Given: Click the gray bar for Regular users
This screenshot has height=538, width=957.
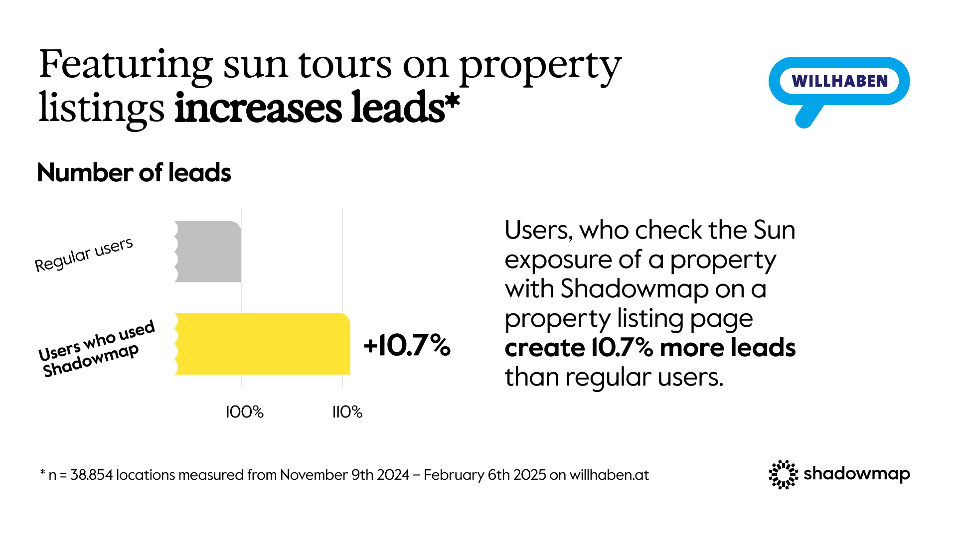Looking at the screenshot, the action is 208,252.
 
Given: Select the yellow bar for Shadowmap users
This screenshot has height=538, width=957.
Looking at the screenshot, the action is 262,344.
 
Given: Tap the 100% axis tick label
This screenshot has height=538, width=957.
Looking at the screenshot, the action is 245,412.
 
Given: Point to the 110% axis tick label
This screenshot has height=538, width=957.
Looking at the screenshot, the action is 347,412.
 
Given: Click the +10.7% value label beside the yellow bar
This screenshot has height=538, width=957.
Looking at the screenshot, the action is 407,345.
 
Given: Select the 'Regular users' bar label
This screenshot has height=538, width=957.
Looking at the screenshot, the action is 84,255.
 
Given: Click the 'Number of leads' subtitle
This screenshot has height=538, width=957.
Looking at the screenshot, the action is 134,173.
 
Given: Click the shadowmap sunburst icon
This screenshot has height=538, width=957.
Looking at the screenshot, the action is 784,475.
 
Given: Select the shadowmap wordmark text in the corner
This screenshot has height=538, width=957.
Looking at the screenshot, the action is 857,474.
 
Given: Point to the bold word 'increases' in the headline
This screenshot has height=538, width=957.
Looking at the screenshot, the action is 258,108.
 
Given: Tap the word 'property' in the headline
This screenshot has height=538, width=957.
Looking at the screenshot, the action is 540,68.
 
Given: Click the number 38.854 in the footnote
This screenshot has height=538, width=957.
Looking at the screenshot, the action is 92,475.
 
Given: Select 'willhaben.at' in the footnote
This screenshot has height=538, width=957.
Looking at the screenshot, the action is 609,475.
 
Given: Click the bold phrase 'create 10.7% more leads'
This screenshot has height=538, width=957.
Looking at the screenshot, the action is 650,348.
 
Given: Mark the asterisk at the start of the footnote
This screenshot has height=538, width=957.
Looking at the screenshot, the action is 43,472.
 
